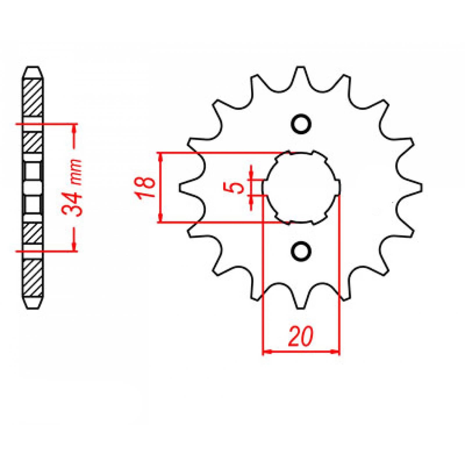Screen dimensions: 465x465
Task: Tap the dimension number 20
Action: click(301, 337)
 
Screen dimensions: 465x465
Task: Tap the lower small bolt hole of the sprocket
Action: click(301, 251)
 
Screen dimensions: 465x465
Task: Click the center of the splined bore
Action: click(301, 187)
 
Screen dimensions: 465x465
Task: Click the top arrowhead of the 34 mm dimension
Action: click(74, 128)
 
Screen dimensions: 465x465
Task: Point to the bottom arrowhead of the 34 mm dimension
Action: click(74, 246)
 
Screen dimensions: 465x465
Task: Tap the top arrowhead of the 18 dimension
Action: click(160, 157)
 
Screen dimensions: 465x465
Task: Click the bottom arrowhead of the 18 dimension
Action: click(160, 219)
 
